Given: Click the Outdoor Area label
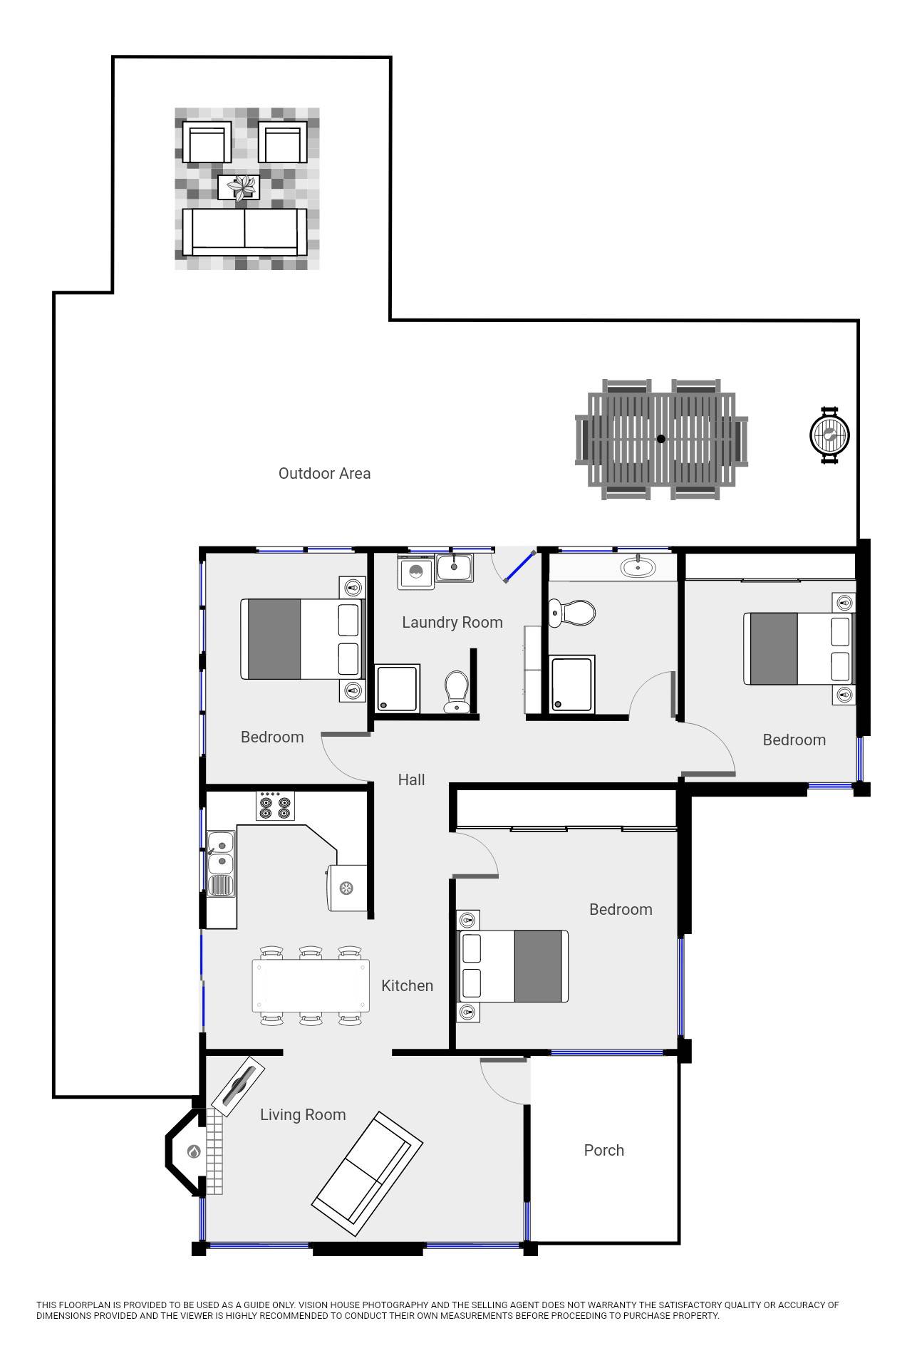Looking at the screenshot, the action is point(324,473).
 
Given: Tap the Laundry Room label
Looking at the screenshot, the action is point(452,622).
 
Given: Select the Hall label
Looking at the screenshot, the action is point(411,779).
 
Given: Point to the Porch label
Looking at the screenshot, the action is point(604,1150).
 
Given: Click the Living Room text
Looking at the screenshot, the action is point(303,1114).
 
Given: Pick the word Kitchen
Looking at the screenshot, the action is point(407,985).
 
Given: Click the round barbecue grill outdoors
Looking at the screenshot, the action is point(830,435).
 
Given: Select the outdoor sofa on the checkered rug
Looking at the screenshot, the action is point(244,232).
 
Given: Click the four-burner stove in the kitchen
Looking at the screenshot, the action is point(275,806).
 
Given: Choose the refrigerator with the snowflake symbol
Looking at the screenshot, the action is point(347,888).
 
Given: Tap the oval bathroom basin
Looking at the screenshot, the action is point(638,567).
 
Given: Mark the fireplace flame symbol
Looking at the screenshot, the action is point(193,1151).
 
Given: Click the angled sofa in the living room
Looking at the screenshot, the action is point(368,1173).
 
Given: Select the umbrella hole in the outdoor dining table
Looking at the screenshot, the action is point(660,439).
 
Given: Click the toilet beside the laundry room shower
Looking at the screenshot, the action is point(456,691).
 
